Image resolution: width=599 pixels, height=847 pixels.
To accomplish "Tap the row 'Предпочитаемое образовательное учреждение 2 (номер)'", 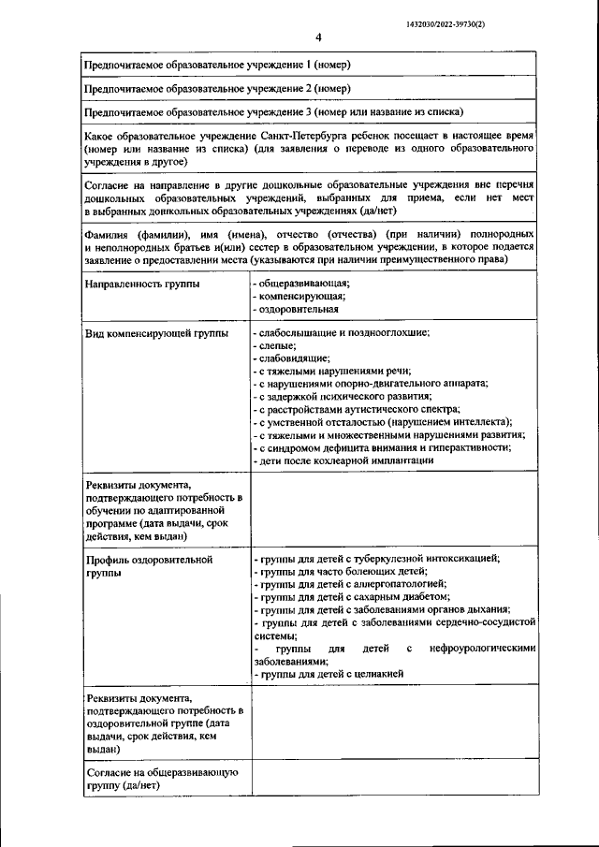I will (217, 89).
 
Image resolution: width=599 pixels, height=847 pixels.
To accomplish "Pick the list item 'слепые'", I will (276, 346).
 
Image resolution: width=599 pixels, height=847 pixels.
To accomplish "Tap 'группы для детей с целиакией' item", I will (331, 674).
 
